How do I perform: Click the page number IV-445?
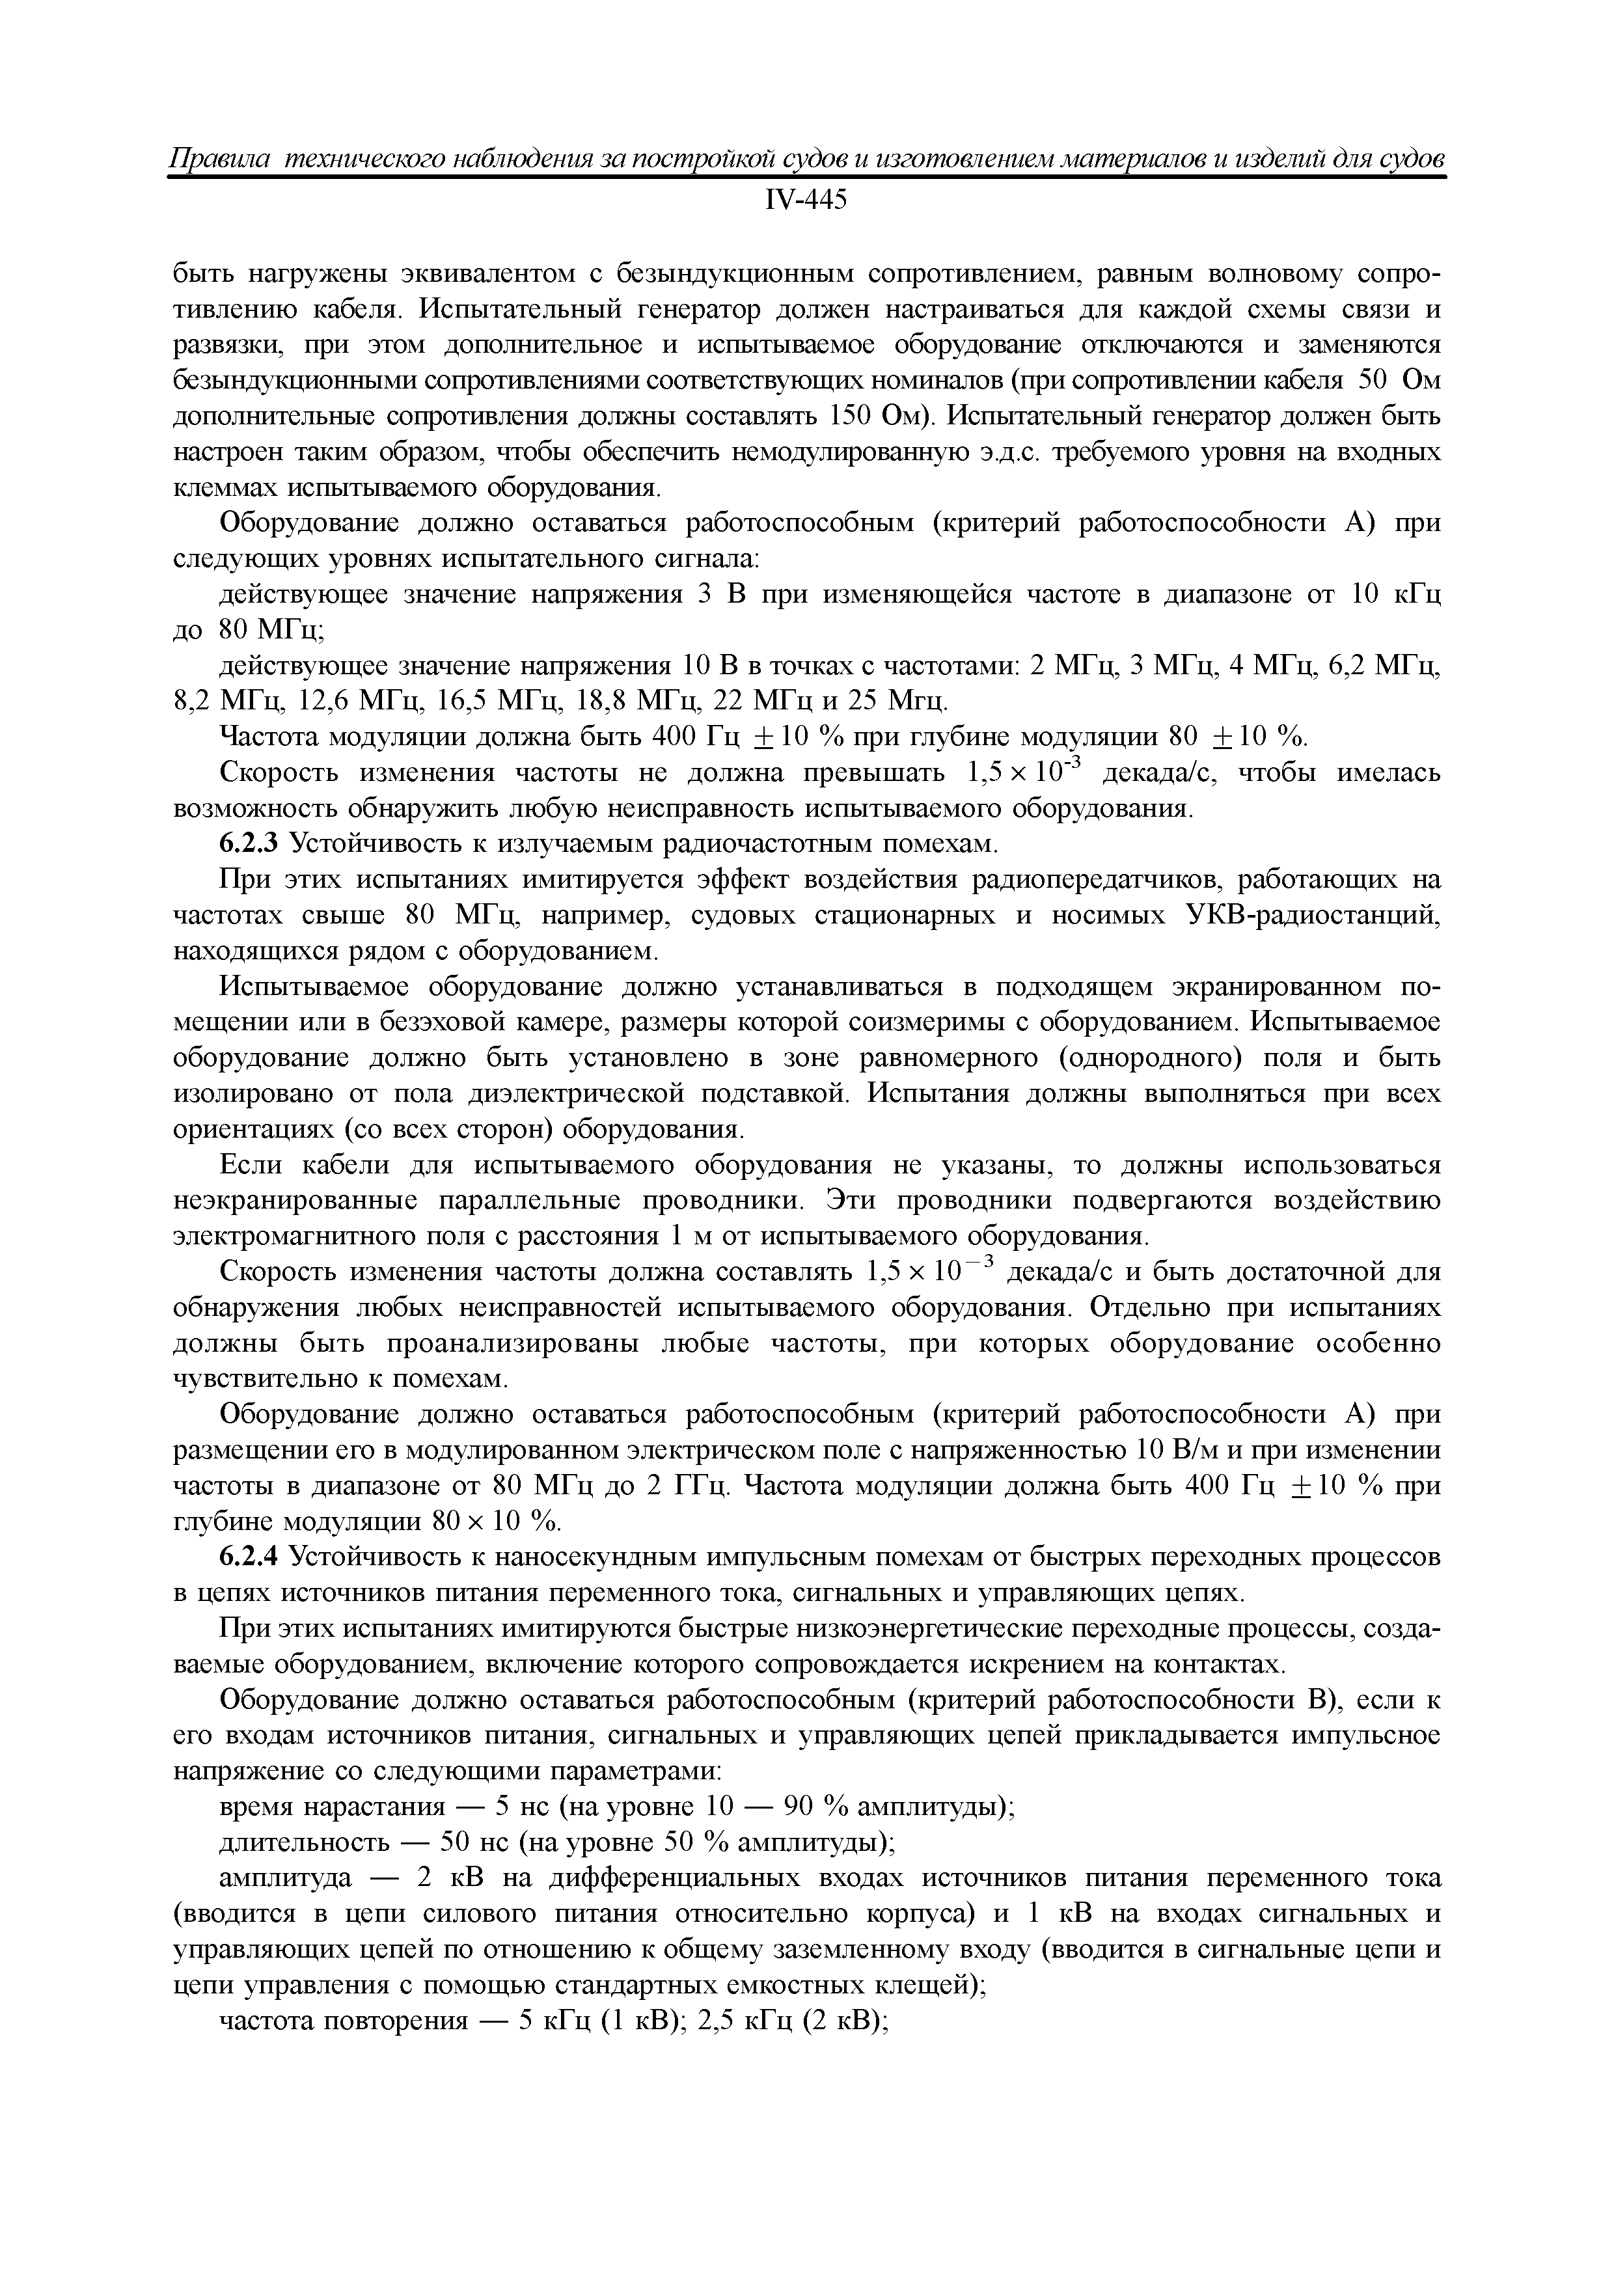coord(806,201)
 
